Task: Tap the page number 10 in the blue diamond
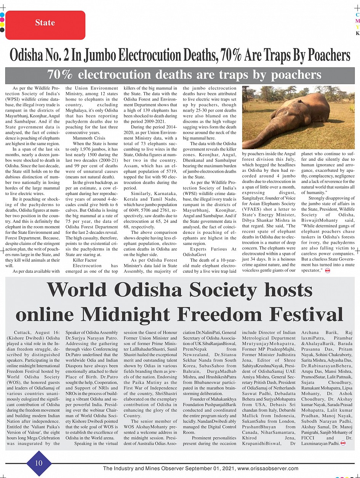pos(39,463)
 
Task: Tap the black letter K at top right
pos(357,33)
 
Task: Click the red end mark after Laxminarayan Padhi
pos(342,443)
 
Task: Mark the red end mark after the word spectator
pos(328,270)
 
